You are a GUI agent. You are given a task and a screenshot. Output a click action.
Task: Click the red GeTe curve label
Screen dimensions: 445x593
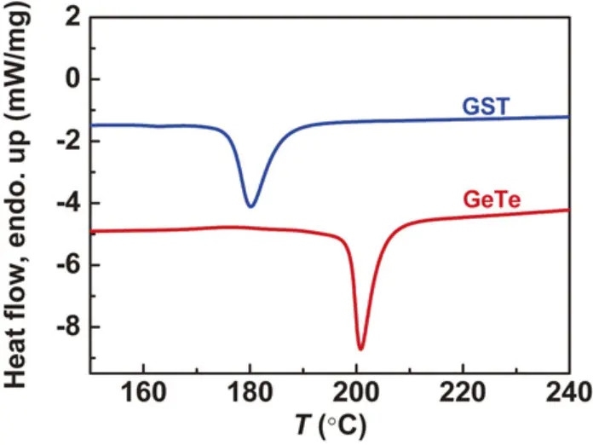coord(492,201)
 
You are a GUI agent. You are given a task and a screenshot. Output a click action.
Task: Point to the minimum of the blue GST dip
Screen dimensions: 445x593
coord(250,206)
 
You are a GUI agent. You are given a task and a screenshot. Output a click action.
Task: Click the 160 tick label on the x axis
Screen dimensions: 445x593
coord(143,393)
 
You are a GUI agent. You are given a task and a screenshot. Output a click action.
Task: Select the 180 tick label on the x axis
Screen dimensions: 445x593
coord(250,393)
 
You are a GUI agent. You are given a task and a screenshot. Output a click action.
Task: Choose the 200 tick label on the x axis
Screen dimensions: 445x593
coord(356,393)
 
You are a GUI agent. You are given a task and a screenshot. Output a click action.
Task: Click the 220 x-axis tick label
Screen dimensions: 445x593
coord(463,393)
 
